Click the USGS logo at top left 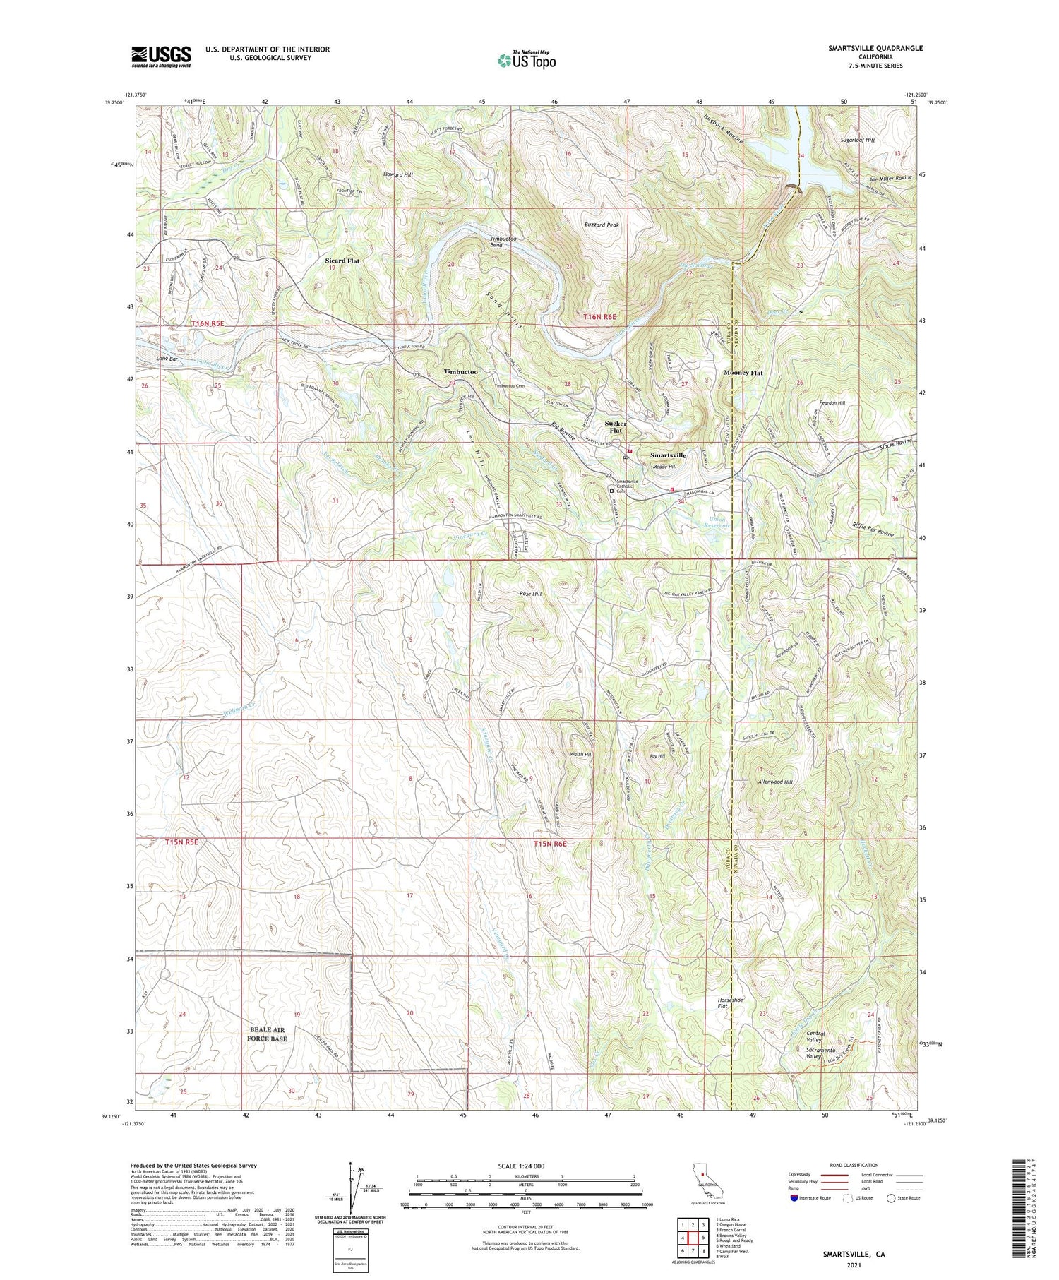click(x=161, y=56)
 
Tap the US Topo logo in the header click(x=527, y=60)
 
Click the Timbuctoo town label click(x=460, y=371)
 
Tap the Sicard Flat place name click(x=342, y=261)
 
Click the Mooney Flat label click(x=743, y=372)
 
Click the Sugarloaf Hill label click(x=857, y=140)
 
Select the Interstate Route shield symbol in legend click(x=794, y=1198)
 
